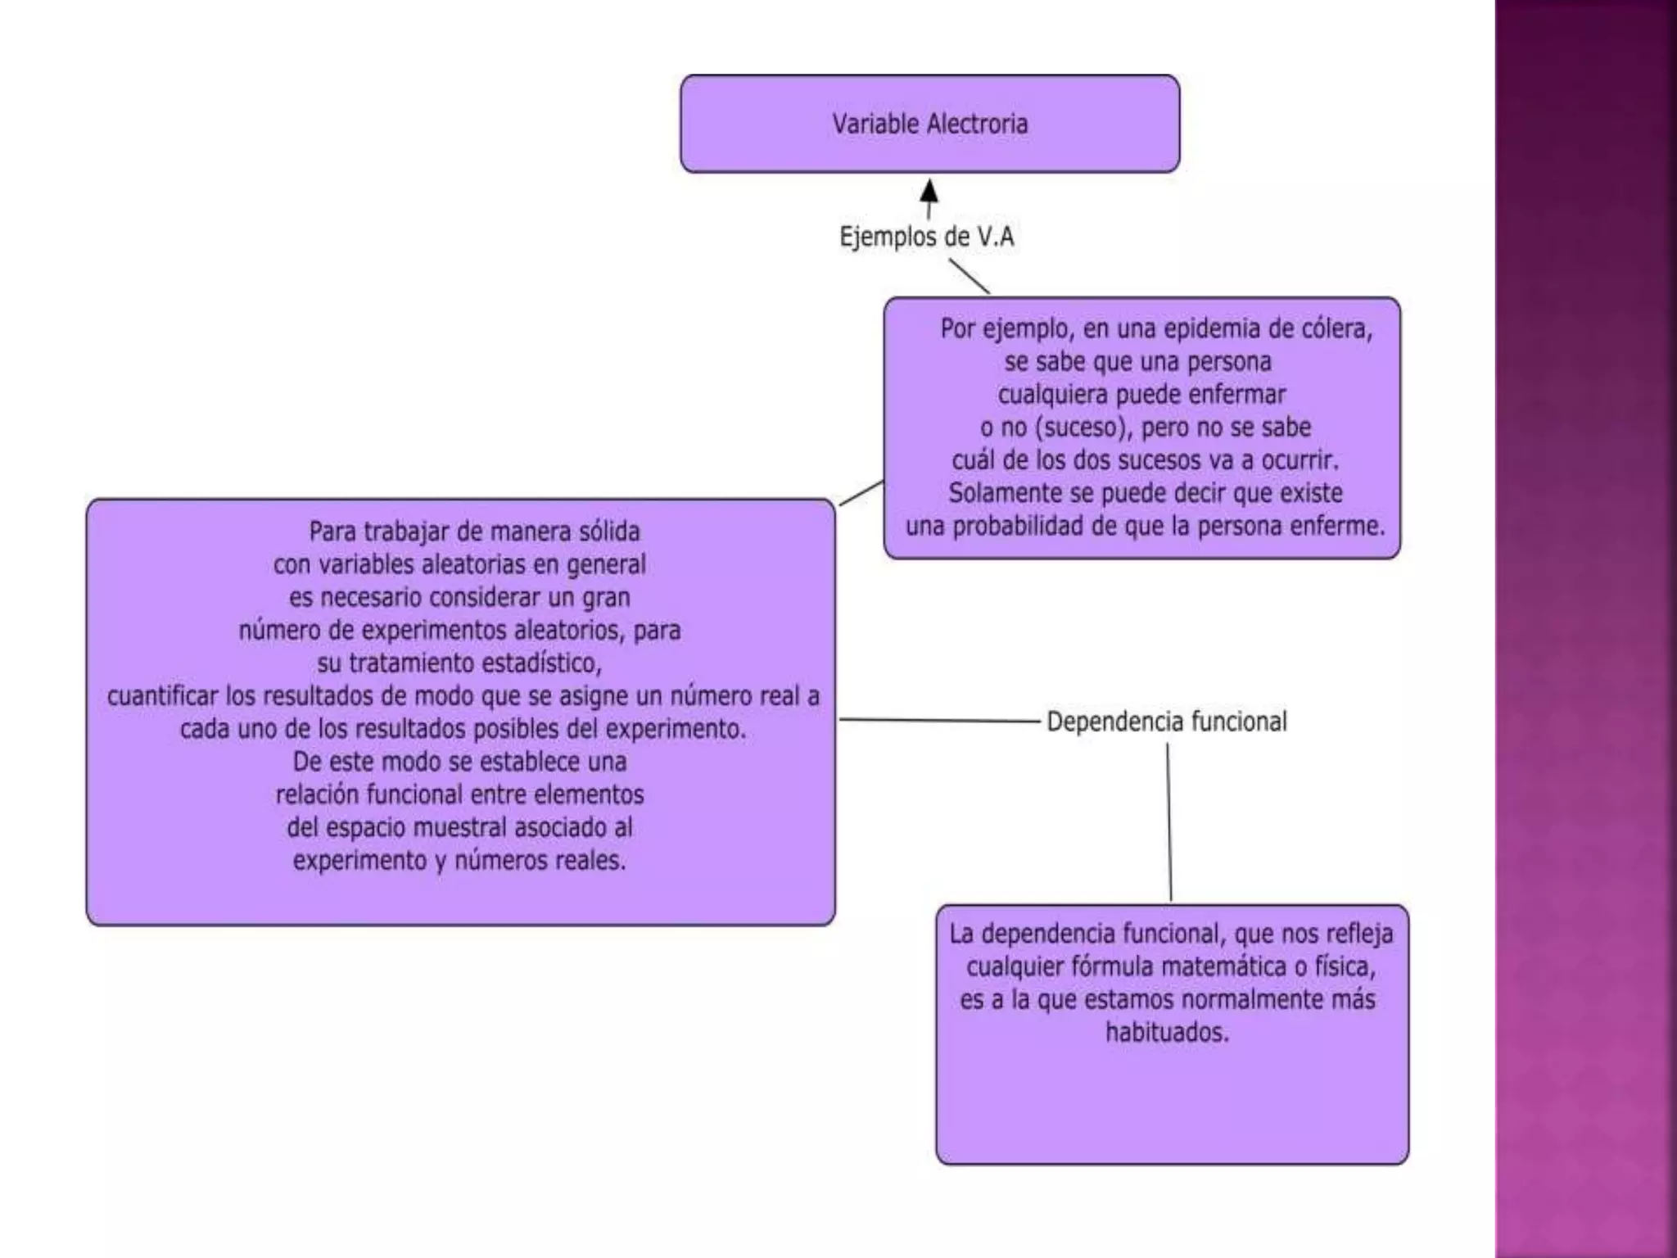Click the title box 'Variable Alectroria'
pos(929,124)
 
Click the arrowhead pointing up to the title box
pos(929,192)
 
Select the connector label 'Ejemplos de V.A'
pos(926,237)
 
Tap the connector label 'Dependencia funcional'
pos(1166,722)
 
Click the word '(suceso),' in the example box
pos(1081,428)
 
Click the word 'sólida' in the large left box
pos(609,532)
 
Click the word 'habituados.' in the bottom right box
pos(1167,1032)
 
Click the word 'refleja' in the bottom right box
pos(1359,934)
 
